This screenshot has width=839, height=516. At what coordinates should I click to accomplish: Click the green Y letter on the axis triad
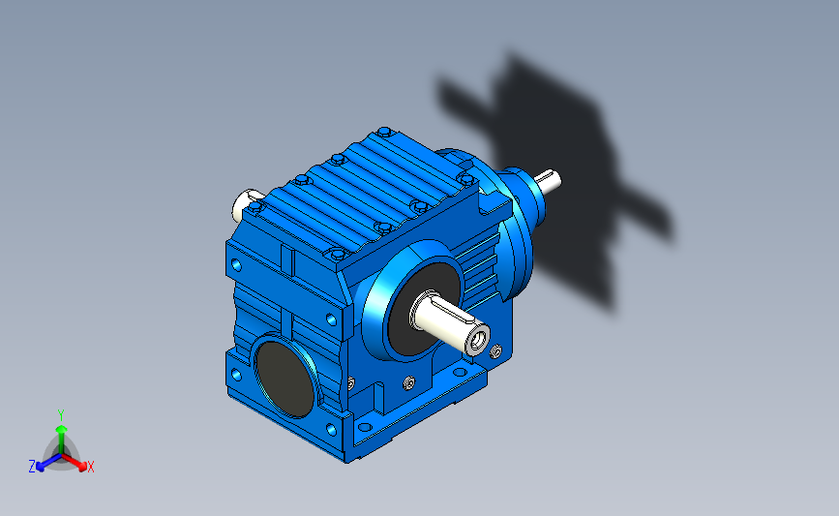tap(61, 415)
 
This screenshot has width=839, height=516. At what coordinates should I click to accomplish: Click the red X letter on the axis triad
tap(90, 467)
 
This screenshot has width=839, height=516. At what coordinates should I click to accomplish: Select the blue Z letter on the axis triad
tap(32, 467)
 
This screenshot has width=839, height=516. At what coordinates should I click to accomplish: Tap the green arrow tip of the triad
tap(62, 429)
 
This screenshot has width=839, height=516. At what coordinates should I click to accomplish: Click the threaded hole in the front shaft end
tap(479, 339)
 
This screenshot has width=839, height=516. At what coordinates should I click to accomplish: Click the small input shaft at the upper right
tap(548, 180)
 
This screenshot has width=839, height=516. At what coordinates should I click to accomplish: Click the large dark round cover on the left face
tap(285, 379)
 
